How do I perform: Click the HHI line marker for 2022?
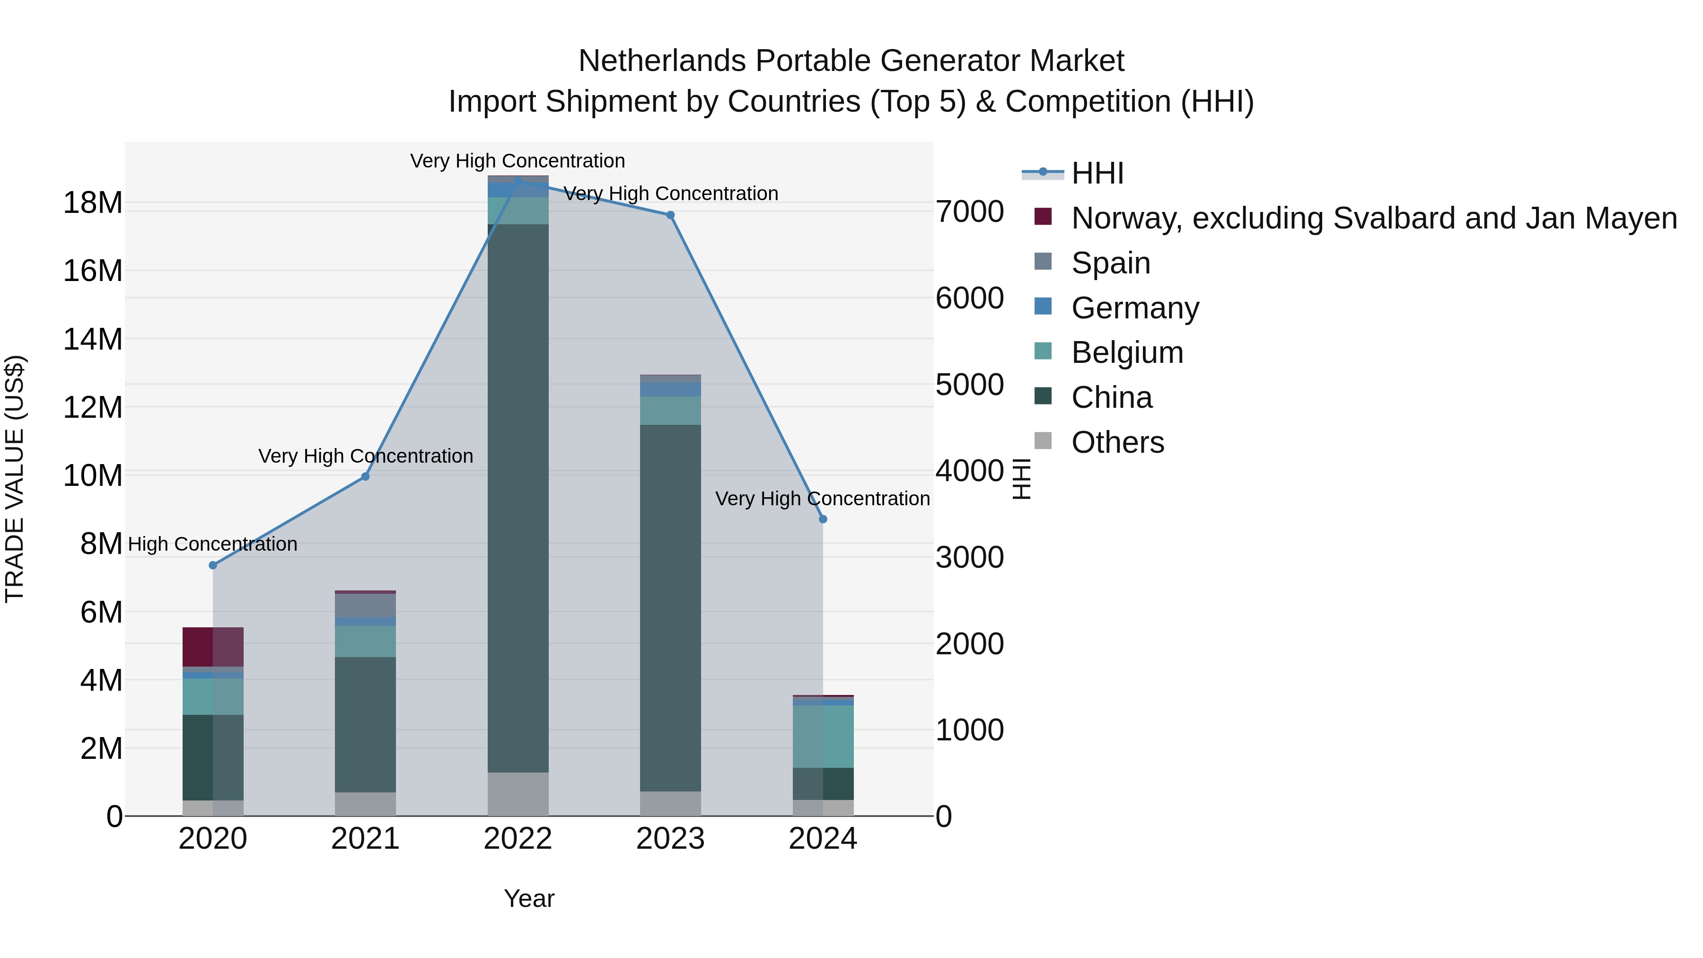[518, 180]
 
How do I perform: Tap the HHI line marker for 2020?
[213, 565]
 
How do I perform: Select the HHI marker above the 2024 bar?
[823, 519]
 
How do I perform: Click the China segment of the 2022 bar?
[518, 496]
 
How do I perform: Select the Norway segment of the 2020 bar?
[213, 647]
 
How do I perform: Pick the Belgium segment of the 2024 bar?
[823, 736]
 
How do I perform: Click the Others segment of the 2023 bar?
[670, 803]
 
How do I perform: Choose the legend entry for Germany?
[1134, 308]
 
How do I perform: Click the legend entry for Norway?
[1373, 218]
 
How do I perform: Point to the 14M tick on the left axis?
[93, 339]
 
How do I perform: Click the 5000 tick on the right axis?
[969, 385]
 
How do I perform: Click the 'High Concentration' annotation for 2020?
[213, 544]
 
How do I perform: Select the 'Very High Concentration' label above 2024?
[823, 499]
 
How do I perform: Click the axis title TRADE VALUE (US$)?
[15, 479]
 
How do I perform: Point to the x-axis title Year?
[529, 898]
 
